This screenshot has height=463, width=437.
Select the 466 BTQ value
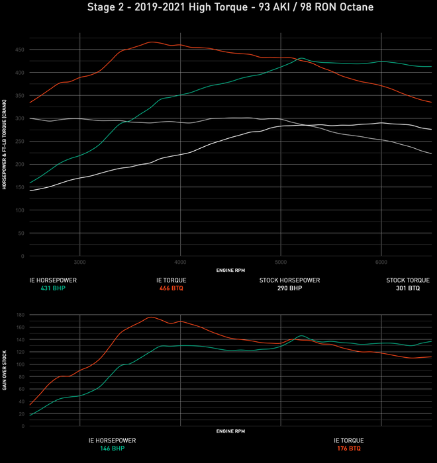point(171,288)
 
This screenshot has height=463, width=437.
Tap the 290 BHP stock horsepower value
point(289,288)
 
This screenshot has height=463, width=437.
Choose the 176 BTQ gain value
point(348,448)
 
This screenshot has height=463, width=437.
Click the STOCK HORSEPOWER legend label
point(289,280)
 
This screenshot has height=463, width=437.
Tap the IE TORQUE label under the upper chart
point(171,280)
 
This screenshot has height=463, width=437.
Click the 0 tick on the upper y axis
point(23,256)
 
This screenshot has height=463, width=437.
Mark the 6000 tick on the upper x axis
point(381,262)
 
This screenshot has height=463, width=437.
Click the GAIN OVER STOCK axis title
point(5,370)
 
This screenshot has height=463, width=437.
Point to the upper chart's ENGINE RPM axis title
point(230,271)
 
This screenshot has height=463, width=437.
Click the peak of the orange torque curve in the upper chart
point(152,42)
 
